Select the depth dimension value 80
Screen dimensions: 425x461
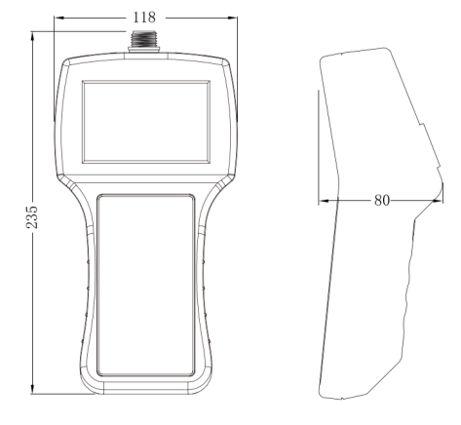click(x=381, y=199)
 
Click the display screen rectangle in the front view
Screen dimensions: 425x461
click(x=145, y=121)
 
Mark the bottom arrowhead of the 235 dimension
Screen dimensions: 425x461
click(x=33, y=392)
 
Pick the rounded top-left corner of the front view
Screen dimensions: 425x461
click(x=68, y=63)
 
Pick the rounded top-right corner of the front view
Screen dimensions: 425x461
click(x=223, y=63)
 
